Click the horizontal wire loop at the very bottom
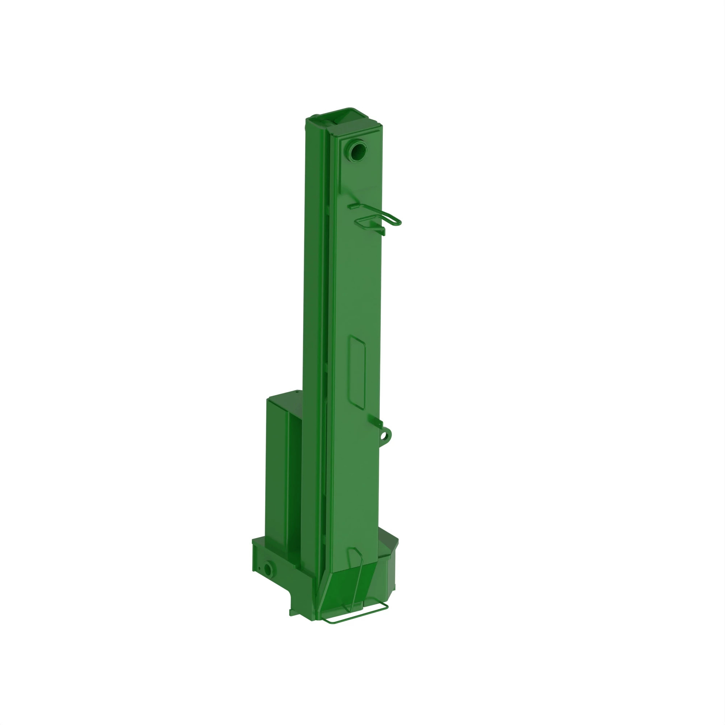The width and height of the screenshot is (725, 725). [355, 618]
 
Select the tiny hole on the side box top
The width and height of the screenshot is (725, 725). [297, 391]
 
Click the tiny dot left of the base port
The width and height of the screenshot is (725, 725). [258, 569]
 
